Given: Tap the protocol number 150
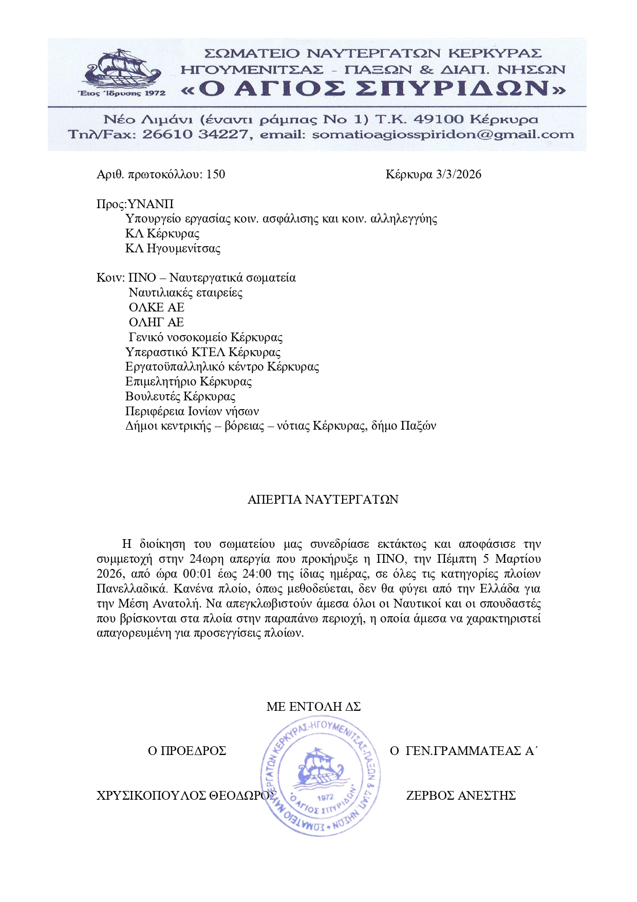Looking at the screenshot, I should tap(215, 174).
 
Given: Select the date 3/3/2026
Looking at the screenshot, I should tap(458, 174).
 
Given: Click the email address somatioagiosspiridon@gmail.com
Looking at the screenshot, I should tap(443, 135).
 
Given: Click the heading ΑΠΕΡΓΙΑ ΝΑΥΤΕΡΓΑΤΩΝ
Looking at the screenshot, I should tap(323, 500).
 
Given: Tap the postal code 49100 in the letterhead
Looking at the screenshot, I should tap(439, 119).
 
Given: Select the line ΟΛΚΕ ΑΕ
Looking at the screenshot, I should tap(156, 307).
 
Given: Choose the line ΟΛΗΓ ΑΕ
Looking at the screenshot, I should tap(156, 322).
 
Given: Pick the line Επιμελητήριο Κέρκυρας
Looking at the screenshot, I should tap(189, 381).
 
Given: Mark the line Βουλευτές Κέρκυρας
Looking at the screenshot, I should tap(180, 396).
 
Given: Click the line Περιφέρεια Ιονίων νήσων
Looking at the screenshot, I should tap(192, 411).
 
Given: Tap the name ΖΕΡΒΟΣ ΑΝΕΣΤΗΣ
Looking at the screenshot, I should tap(461, 796).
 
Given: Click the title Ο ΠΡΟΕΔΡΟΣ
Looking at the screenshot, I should tap(187, 751).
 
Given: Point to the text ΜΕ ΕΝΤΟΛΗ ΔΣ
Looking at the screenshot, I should tap(313, 707).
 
